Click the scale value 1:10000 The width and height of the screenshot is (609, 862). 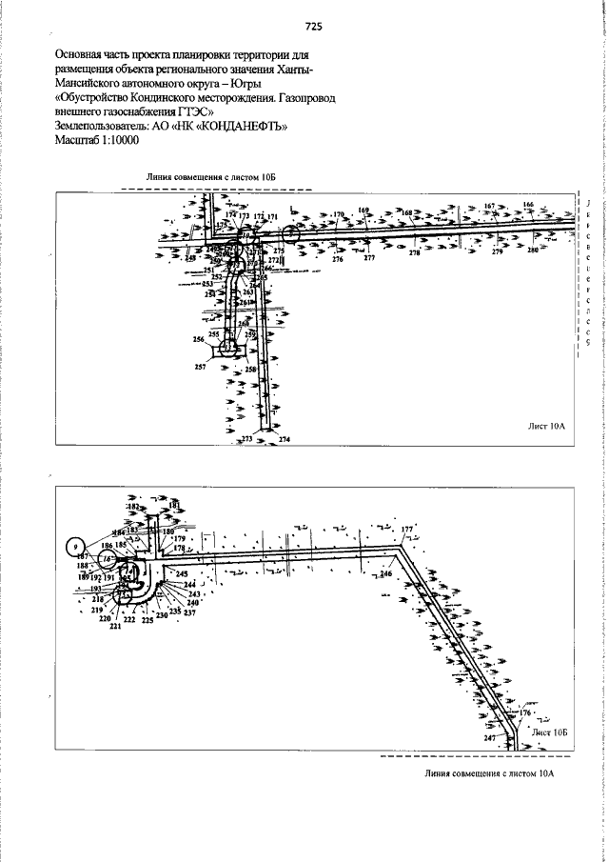[115, 139]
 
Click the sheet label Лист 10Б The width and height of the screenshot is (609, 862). [550, 732]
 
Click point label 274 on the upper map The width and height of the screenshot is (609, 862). [284, 439]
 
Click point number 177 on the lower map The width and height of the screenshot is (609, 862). [407, 529]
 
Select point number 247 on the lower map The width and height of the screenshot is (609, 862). [489, 738]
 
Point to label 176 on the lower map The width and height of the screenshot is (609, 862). [524, 712]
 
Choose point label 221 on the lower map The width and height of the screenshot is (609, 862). [115, 627]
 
